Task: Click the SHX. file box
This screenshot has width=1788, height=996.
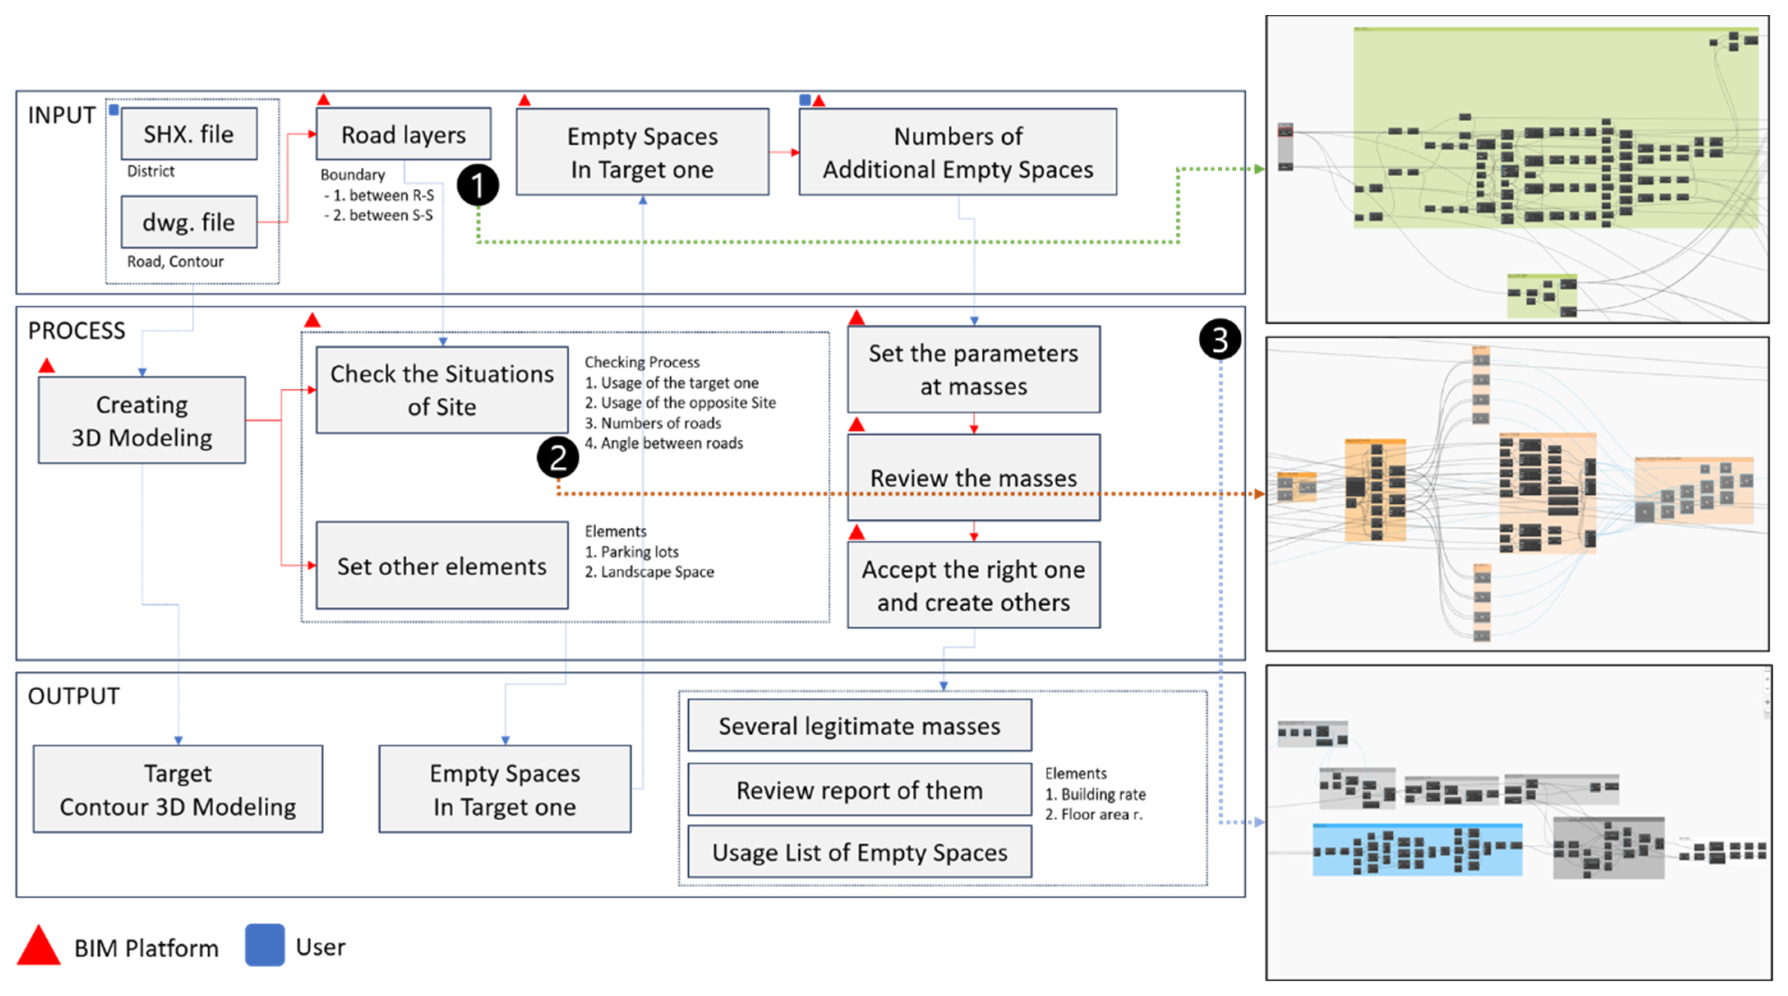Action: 189,134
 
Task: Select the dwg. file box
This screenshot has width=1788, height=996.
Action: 189,222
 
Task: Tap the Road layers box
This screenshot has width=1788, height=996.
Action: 403,134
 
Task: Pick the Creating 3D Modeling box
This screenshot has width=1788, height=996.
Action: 142,421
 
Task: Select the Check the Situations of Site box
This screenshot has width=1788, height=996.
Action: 442,390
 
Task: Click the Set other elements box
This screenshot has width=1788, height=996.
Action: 442,566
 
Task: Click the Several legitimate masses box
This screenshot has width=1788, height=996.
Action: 859,725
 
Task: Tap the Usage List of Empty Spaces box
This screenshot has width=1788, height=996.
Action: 859,852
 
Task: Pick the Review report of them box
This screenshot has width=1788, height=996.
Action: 859,790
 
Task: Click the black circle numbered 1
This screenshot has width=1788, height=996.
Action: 478,185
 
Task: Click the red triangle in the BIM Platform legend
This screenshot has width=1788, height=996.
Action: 39,945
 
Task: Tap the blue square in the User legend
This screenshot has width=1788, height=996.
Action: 265,945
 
